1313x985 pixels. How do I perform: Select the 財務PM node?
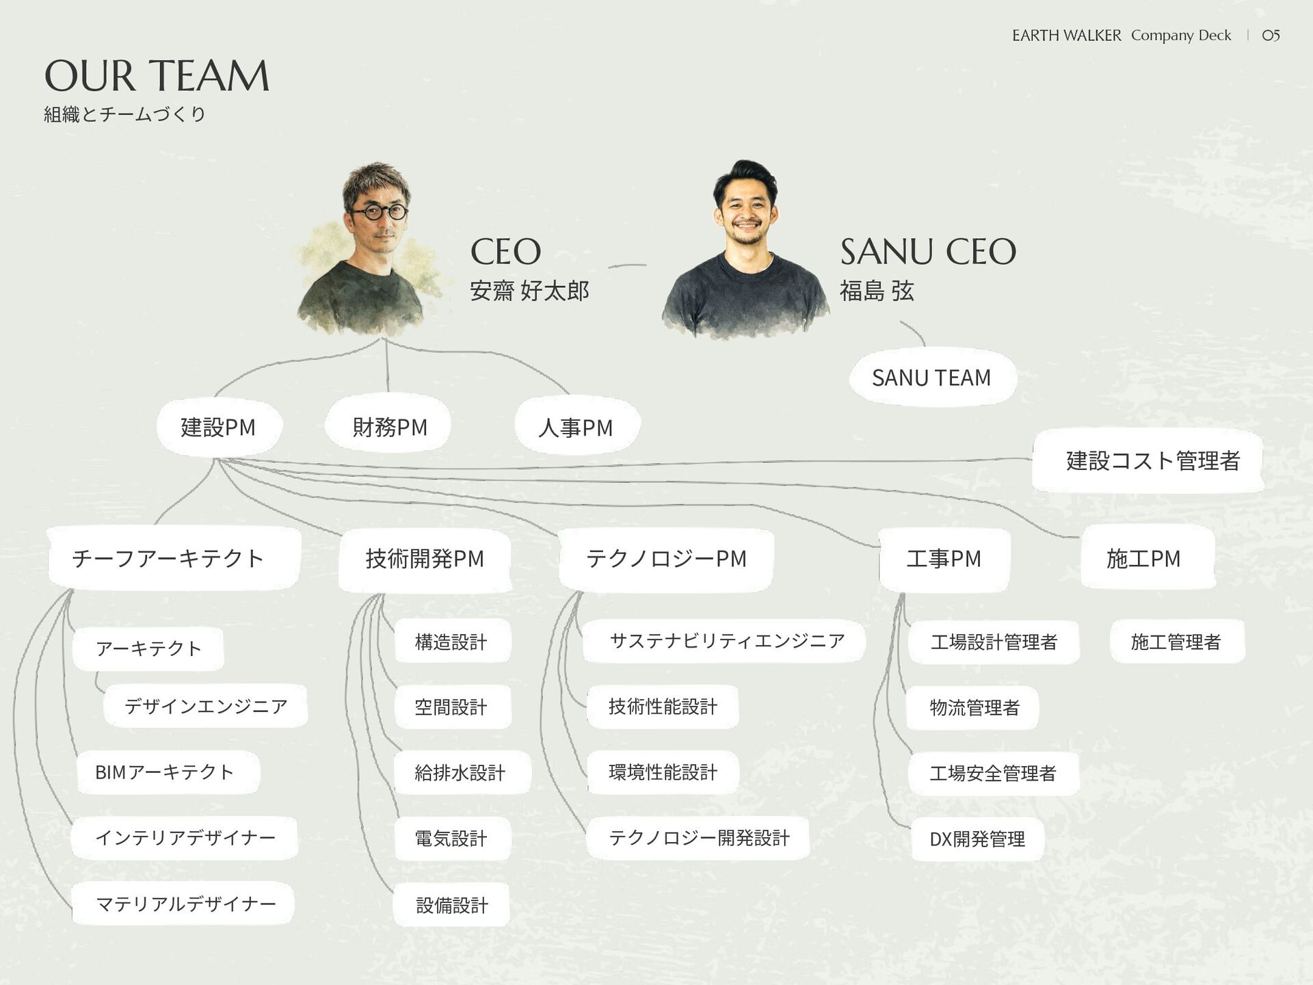[389, 427]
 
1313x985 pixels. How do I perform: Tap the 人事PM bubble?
[576, 427]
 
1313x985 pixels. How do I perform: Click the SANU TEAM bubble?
[931, 378]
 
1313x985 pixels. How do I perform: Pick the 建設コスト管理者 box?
[1152, 460]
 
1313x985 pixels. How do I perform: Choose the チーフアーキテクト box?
[168, 558]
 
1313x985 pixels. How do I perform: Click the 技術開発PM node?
[425, 558]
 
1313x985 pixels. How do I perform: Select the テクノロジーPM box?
[666, 558]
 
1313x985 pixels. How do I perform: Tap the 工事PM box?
[944, 558]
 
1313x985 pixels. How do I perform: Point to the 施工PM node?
[1143, 558]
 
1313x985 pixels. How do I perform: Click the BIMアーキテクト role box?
[165, 772]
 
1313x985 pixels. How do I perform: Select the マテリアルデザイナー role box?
[185, 904]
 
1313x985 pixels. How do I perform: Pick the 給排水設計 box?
[460, 773]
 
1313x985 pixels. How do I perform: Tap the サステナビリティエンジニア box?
[726, 641]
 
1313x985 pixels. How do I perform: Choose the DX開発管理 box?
[977, 839]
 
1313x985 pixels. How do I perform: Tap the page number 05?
[1271, 36]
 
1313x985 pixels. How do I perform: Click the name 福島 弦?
[877, 291]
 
